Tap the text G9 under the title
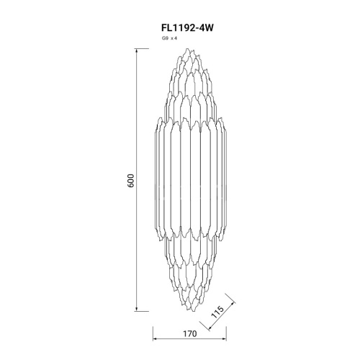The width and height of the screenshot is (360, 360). [x=166, y=38]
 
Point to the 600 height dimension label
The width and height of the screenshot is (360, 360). [x=131, y=180]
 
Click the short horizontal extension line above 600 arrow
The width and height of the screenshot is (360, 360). [x=143, y=49]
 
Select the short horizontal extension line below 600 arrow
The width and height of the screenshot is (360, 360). [x=143, y=312]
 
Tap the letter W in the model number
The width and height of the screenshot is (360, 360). [x=210, y=28]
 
